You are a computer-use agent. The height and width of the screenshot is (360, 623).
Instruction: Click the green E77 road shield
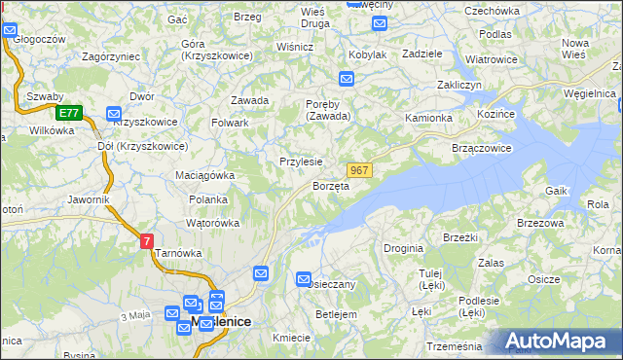pyautogui.click(x=67, y=113)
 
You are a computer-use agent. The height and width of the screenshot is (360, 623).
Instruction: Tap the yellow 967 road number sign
pyautogui.click(x=359, y=170)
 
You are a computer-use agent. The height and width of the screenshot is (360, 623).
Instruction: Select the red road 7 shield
pyautogui.click(x=146, y=240)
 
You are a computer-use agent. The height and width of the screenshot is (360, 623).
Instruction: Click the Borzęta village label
pyautogui.click(x=330, y=186)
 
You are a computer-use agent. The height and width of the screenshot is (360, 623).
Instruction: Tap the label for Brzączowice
pyautogui.click(x=482, y=148)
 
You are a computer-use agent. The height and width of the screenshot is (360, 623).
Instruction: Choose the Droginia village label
pyautogui.click(x=403, y=248)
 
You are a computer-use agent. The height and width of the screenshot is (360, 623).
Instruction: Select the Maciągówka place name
pyautogui.click(x=205, y=176)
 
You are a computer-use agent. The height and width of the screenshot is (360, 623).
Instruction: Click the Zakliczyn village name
pyautogui.click(x=460, y=85)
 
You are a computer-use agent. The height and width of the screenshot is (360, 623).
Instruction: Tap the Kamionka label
pyautogui.click(x=429, y=118)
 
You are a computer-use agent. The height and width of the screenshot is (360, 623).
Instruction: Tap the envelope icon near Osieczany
pyautogui.click(x=304, y=279)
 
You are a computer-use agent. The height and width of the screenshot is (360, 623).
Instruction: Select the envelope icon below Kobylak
pyautogui.click(x=347, y=78)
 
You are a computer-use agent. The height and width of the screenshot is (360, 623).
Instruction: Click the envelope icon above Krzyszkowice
pyautogui.click(x=113, y=113)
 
